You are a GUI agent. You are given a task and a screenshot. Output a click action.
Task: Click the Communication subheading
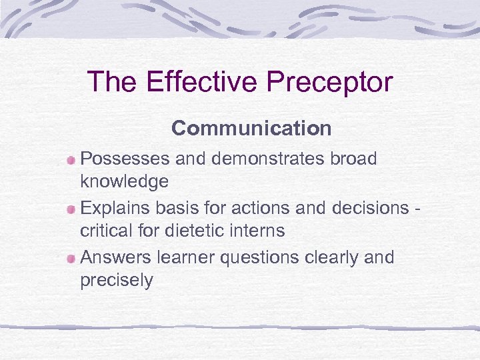(x=251, y=128)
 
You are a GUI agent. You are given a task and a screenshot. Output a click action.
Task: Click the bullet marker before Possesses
(x=71, y=160)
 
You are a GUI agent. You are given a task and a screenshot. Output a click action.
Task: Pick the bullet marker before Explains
(x=71, y=209)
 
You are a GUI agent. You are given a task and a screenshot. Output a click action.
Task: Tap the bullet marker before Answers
(x=71, y=258)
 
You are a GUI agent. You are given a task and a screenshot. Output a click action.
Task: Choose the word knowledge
(x=124, y=182)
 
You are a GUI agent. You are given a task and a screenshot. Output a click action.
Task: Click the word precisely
(x=116, y=281)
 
